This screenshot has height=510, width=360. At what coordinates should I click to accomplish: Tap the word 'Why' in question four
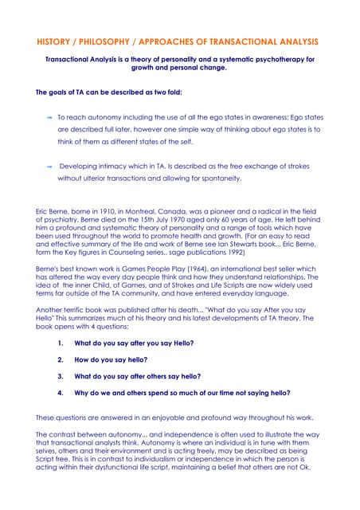81,393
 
